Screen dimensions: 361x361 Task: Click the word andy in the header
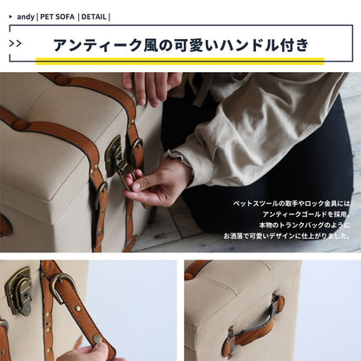click(26, 16)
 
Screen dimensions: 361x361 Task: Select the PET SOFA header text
click(56, 16)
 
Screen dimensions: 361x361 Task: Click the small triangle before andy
click(9, 16)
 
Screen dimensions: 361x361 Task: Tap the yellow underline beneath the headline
click(180, 61)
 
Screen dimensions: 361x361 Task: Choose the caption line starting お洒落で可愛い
click(287, 235)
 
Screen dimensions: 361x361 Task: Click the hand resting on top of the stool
click(149, 85)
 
